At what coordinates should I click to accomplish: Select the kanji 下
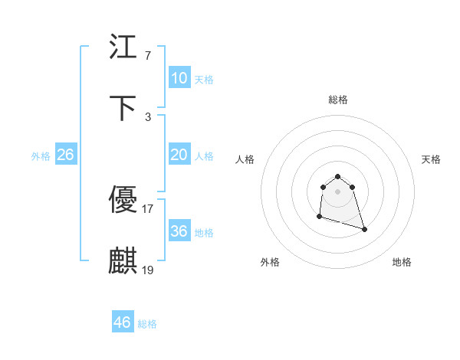[x=123, y=108]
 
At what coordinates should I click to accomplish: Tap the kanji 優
[x=123, y=201]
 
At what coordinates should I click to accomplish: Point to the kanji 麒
[x=123, y=261]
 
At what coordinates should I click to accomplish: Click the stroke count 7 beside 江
[x=147, y=56]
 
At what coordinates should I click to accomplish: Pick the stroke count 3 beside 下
[x=147, y=116]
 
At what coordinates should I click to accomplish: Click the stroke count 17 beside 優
[x=147, y=208]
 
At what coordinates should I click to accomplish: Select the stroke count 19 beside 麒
[x=147, y=270]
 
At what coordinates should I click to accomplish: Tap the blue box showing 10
[x=179, y=78]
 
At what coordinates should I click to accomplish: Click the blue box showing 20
[x=179, y=155]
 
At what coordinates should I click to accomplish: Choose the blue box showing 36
[x=179, y=231]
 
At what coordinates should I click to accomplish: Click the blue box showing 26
[x=65, y=155]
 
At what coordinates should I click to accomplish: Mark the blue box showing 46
[x=122, y=322]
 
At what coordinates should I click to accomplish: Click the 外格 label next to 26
[x=41, y=156]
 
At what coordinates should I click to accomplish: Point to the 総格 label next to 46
[x=147, y=324]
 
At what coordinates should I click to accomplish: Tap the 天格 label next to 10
[x=203, y=80]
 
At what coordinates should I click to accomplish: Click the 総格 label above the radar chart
[x=338, y=100]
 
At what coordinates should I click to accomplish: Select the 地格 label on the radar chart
[x=402, y=262]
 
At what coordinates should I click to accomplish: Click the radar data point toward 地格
[x=364, y=229]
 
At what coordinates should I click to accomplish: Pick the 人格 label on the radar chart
[x=245, y=159]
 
